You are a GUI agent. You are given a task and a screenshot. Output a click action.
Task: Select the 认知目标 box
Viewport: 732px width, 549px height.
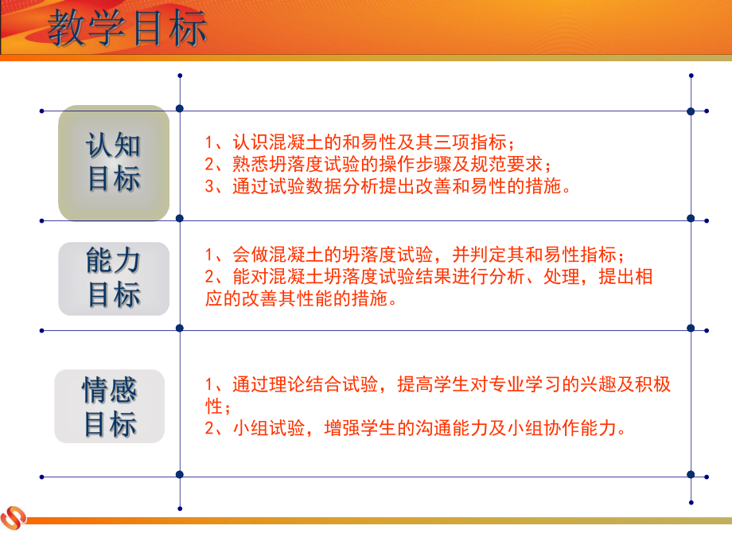tap(114, 163)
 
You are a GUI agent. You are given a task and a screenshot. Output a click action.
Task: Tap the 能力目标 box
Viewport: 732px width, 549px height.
tap(114, 278)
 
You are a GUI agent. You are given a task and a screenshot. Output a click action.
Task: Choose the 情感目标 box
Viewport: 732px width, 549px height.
tap(110, 407)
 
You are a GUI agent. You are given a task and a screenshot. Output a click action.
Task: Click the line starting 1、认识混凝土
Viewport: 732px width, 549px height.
tap(360, 144)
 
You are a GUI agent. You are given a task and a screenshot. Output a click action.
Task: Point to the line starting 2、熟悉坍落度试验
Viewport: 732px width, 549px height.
tap(378, 165)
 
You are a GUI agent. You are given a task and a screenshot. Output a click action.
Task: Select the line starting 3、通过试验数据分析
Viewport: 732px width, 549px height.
tap(387, 188)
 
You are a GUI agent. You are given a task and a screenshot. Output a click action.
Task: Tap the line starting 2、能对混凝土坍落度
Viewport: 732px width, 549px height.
tap(429, 278)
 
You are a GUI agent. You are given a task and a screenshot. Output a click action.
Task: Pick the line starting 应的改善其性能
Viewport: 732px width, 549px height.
tap(302, 300)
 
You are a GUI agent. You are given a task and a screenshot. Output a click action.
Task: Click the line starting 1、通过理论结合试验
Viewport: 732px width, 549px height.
tap(438, 385)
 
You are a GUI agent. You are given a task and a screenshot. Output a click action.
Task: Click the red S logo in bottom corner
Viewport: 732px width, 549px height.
tap(14, 518)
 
